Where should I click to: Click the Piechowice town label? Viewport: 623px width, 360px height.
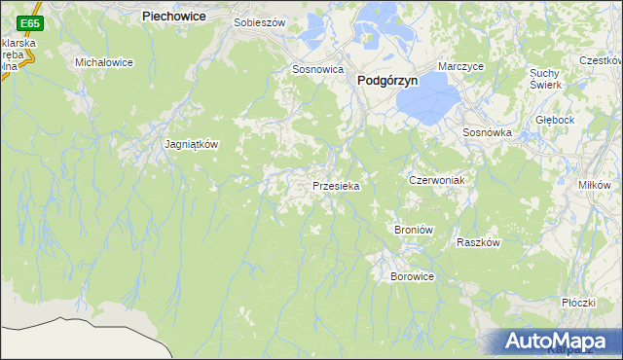coord(179,17)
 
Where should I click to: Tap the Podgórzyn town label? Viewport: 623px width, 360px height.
coord(387,82)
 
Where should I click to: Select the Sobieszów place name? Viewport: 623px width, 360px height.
coord(259,20)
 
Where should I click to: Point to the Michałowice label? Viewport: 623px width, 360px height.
coord(104,62)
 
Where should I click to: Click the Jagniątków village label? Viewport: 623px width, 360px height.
coord(191,144)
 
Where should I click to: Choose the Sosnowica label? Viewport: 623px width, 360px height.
coord(318,70)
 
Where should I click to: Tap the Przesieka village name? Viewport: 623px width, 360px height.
coord(337,185)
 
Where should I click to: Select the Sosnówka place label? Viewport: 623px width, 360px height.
coord(487,132)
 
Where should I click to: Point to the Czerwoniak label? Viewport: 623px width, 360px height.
coord(435,181)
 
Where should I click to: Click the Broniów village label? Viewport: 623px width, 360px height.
coord(413,229)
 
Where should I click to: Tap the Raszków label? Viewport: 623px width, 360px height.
coord(478,243)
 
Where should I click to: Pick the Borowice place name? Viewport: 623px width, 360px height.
coord(412,276)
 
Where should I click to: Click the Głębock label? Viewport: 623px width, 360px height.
coord(556,120)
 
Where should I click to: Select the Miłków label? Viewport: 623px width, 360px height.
coord(594,185)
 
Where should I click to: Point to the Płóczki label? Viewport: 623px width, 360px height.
coord(578,303)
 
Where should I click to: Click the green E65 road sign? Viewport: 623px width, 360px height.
coord(30,22)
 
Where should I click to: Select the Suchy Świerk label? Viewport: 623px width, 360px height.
coord(547,79)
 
